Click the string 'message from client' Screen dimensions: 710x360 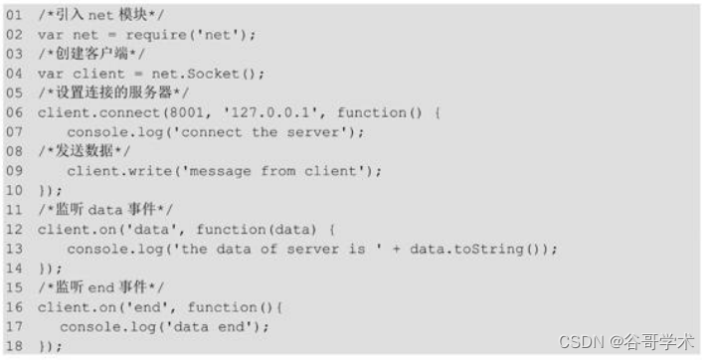click(x=274, y=170)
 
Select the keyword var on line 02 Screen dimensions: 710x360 click(x=51, y=35)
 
